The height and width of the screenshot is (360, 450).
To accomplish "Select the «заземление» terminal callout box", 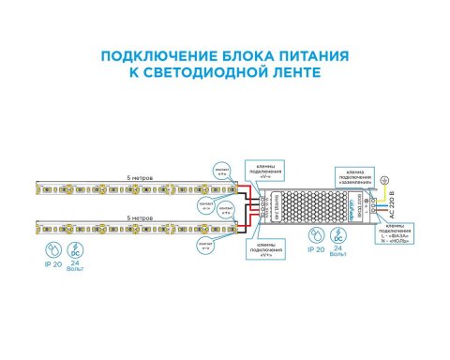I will point(355,178).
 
